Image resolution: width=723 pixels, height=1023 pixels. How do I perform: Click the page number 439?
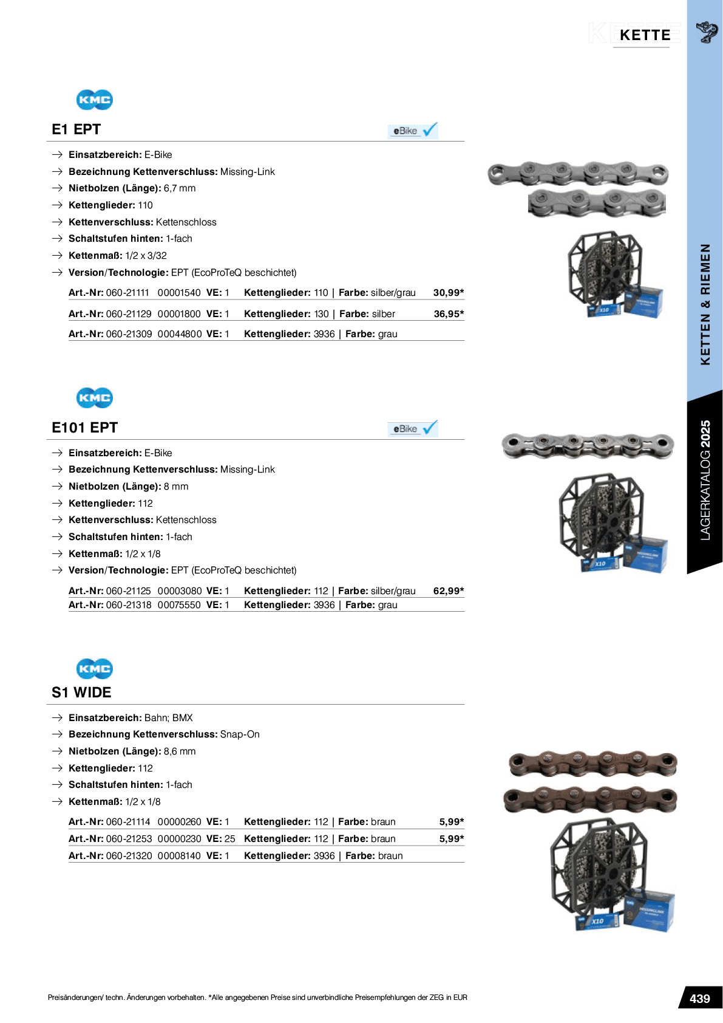699,999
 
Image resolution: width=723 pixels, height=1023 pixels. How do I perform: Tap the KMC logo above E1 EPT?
94,100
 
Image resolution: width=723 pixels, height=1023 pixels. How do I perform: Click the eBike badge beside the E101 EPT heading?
413,429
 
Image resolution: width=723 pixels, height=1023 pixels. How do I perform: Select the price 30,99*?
449,293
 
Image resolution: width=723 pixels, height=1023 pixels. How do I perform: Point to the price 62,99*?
449,591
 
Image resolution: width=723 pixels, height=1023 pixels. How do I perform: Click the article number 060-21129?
128,314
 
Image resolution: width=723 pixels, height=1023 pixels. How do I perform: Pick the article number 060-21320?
129,856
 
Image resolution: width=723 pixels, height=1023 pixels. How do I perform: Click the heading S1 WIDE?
81,693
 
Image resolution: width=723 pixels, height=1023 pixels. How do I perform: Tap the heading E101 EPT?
84,428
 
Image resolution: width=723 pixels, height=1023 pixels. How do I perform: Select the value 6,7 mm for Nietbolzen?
180,188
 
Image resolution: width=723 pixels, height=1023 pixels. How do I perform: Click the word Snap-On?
240,734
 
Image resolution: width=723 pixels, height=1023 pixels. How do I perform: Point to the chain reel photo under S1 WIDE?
611,875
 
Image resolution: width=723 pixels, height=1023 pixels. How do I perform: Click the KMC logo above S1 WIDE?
94,669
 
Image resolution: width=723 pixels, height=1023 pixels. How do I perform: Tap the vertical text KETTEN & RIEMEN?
705,304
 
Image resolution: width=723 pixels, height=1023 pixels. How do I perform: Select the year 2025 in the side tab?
705,434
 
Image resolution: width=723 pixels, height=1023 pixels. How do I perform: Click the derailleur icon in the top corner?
706,32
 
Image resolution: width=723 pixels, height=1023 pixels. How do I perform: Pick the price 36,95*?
449,314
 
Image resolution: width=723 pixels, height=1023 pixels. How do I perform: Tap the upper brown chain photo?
592,764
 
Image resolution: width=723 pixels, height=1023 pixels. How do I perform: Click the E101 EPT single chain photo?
588,446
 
